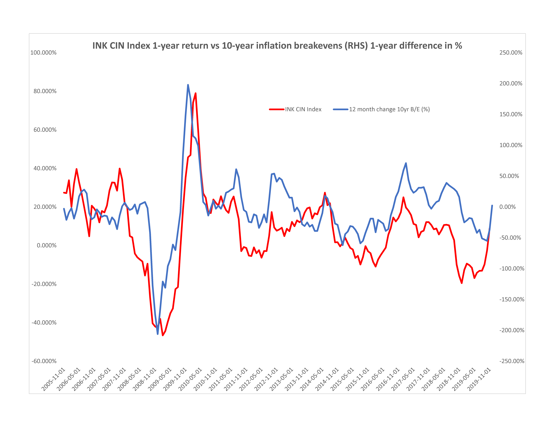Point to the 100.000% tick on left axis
point(44,53)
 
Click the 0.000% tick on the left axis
point(47,246)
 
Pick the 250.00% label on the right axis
point(511,53)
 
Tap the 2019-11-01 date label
point(480,379)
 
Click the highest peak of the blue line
point(188,85)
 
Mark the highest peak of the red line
point(195,93)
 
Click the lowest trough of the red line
point(163,335)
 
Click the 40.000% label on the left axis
point(45,168)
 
